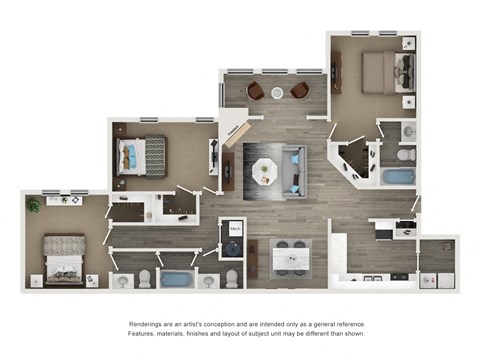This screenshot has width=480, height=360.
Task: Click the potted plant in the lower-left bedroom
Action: (x=33, y=205)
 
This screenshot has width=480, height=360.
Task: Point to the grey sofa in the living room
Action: (x=295, y=168)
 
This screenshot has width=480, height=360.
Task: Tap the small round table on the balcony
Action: (x=276, y=93)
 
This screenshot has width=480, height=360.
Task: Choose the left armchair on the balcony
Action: (x=255, y=91)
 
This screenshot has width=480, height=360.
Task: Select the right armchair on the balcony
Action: (x=298, y=91)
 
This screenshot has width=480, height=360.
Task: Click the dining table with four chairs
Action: (x=290, y=257)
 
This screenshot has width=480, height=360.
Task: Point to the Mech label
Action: (x=235, y=229)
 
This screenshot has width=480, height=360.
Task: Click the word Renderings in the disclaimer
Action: (x=147, y=325)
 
